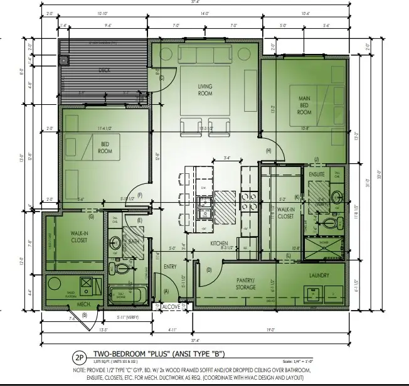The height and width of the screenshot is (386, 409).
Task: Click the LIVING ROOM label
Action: point(205,90)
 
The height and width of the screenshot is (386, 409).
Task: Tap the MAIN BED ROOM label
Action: point(304,104)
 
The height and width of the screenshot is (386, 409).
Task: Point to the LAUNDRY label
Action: point(319,275)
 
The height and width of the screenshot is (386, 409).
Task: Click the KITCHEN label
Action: point(218,243)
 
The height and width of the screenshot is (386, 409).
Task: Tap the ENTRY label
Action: point(171,267)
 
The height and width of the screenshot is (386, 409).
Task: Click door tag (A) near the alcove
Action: point(166,291)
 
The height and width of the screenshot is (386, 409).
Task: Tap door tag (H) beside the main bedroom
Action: point(268,151)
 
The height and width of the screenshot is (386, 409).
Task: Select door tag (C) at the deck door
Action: point(161,78)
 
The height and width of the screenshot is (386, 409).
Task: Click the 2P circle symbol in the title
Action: point(79,359)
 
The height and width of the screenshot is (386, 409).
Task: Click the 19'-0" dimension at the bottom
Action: point(287,329)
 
